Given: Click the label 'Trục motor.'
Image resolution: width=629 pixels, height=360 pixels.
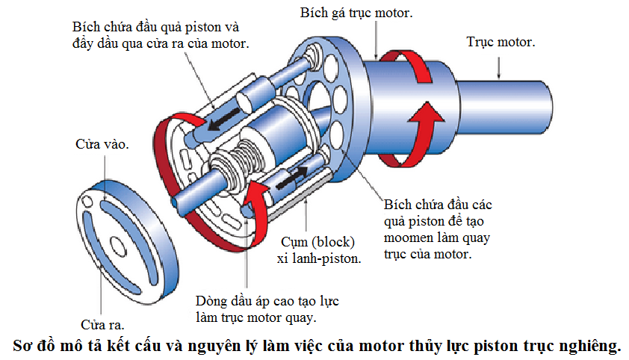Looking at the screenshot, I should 500,42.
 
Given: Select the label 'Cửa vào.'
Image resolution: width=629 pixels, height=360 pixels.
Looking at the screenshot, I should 102,144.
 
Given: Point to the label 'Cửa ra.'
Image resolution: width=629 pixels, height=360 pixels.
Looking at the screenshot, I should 102,325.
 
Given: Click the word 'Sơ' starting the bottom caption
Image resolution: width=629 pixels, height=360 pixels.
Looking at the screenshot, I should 25,346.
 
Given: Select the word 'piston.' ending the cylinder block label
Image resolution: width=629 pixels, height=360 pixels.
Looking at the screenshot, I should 343,258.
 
